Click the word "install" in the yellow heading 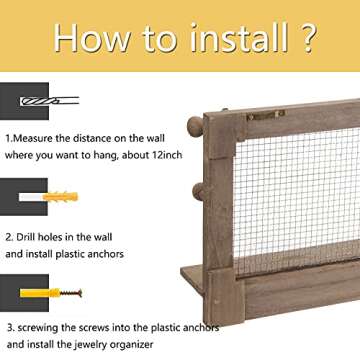239,37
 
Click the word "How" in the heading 93,37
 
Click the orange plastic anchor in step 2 61,197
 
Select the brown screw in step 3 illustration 71,293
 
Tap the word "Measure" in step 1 32,138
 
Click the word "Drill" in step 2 26,237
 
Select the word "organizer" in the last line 135,344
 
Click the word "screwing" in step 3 38,328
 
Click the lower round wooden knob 200,192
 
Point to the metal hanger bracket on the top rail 266,114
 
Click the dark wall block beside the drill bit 24,101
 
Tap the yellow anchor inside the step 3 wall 40,293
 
